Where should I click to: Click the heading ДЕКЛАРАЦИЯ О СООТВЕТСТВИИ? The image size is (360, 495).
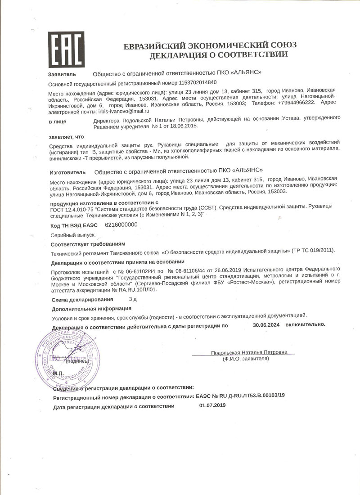(x=219, y=55)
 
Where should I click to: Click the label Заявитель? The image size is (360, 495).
(x=62, y=74)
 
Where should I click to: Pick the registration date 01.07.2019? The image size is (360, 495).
(x=212, y=405)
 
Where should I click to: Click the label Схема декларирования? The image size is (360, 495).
(x=82, y=300)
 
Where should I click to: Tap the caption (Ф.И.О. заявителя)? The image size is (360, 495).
(x=246, y=359)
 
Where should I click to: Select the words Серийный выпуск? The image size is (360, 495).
(x=73, y=235)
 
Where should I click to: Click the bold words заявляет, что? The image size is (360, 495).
(x=66, y=137)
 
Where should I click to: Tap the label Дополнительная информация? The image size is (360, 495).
(x=91, y=309)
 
